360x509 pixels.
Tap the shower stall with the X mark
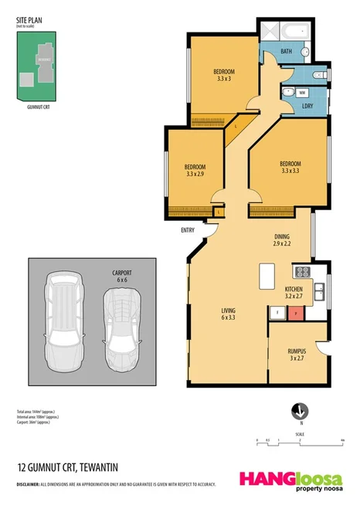(x=270, y=32)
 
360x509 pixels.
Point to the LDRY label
(x=306, y=106)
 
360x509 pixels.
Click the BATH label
(x=286, y=52)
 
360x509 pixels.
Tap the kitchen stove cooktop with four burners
(x=302, y=271)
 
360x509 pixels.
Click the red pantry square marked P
(x=294, y=313)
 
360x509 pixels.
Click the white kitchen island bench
(x=268, y=276)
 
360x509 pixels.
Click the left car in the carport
(x=63, y=316)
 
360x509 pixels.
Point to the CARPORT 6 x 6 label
(x=122, y=276)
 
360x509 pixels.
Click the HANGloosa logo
(x=290, y=477)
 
